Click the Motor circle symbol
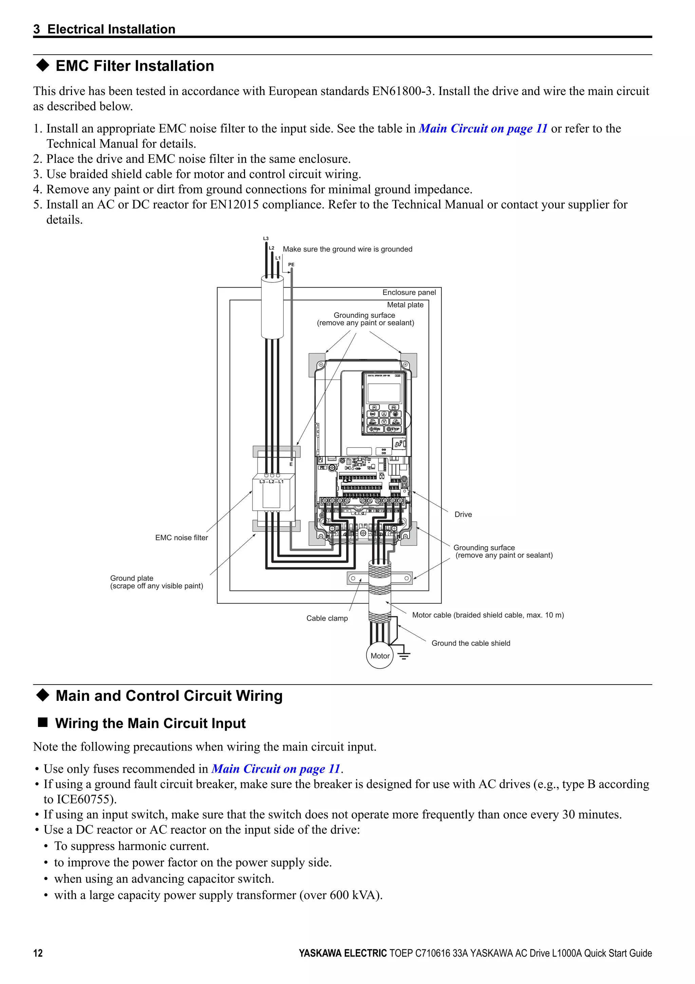(x=379, y=656)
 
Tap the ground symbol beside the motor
(x=404, y=655)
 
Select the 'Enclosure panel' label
(x=409, y=292)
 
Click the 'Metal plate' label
(x=405, y=305)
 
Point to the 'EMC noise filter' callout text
(x=182, y=537)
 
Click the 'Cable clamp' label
(x=327, y=618)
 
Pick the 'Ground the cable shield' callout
(x=471, y=643)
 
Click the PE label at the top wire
(x=291, y=265)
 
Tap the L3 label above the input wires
(x=265, y=238)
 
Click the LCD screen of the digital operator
(x=384, y=392)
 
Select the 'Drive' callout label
(x=463, y=514)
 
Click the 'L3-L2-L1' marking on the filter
(x=271, y=481)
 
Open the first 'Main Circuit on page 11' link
(x=483, y=129)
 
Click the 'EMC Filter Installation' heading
(x=134, y=66)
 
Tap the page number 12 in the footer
(x=38, y=953)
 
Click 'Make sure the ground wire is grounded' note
(x=347, y=249)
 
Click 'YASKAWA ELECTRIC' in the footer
(x=342, y=953)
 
